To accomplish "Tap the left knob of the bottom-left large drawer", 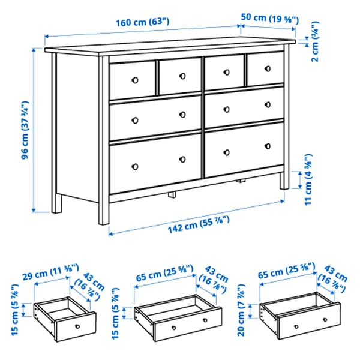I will pyautogui.click(x=135, y=166).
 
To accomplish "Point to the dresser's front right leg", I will pyautogui.click(x=283, y=180).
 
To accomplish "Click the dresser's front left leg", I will pyautogui.click(x=104, y=210).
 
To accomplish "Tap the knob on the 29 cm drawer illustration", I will pyautogui.click(x=76, y=326).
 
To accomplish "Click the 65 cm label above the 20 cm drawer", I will pyautogui.click(x=284, y=273).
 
